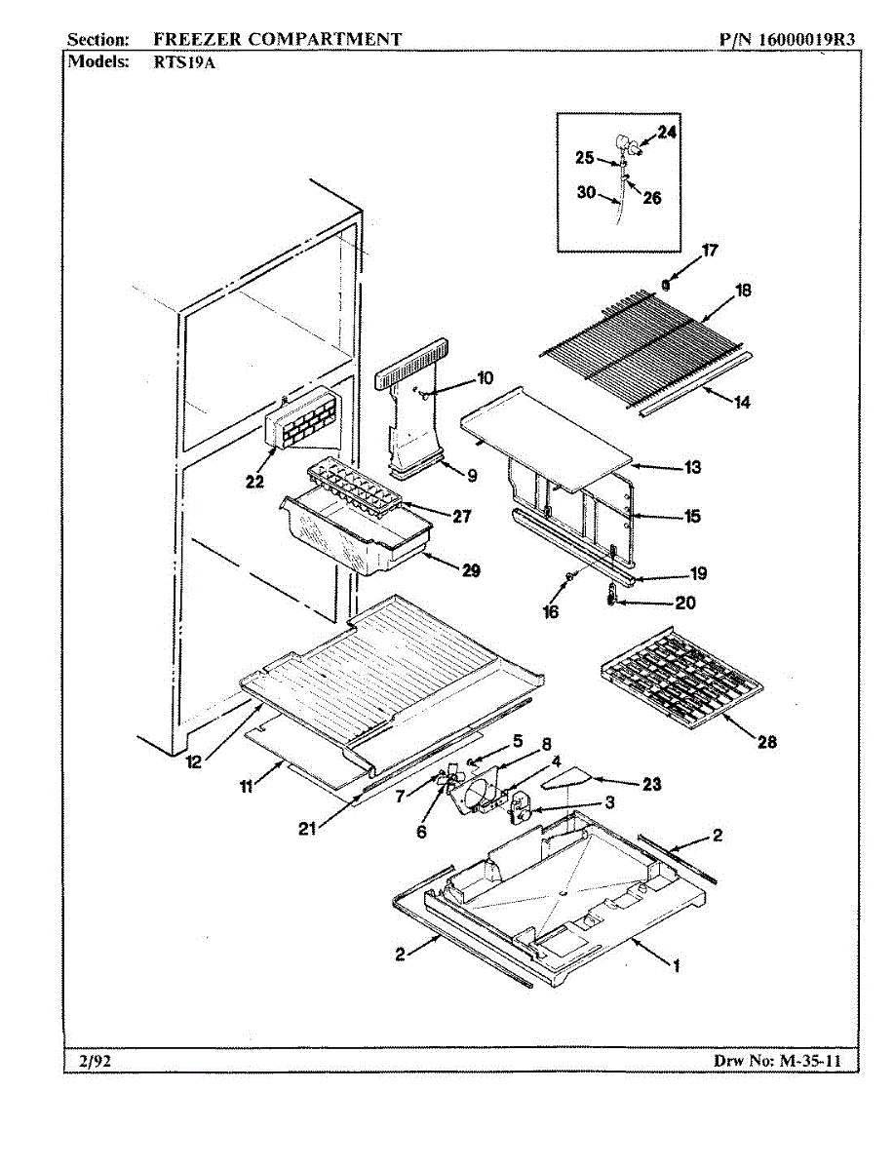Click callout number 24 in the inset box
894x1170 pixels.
(666, 133)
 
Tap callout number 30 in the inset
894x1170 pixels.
(587, 193)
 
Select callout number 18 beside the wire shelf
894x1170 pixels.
(743, 291)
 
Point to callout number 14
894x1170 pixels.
(742, 401)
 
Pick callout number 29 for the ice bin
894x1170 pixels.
(471, 571)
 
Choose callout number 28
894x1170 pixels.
(767, 742)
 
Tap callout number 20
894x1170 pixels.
(685, 603)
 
